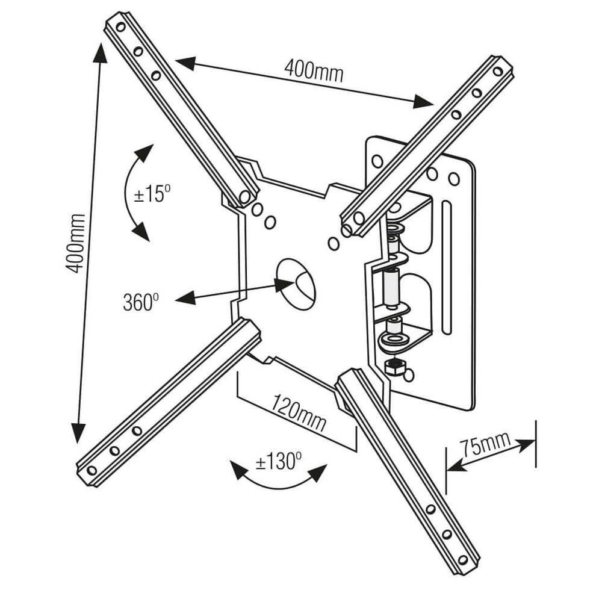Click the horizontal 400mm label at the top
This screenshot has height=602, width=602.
point(314,71)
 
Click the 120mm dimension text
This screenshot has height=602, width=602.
point(299,412)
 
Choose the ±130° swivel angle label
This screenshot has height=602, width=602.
point(278,462)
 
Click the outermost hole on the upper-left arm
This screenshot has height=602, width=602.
point(120,27)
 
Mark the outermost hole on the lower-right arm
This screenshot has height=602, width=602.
point(463,560)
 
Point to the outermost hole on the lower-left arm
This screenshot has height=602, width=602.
point(92,470)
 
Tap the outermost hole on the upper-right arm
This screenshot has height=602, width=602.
point(497,72)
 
